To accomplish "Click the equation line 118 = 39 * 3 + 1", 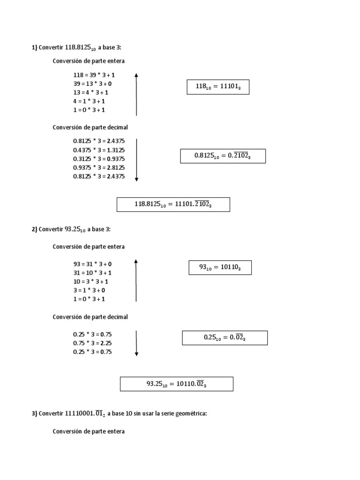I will (94, 75).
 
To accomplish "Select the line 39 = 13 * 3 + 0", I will (92, 84).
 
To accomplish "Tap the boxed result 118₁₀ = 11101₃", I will (218, 87).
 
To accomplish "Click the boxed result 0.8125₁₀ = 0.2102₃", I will (223, 156).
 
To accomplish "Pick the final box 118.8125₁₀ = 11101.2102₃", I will (173, 204).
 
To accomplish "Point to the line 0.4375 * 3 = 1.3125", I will (99, 150).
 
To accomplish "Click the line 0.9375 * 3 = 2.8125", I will (99, 168).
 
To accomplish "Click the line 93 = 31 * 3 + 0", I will (92, 264).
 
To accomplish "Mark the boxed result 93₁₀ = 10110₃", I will (220, 267).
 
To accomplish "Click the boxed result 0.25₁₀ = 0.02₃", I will (225, 337).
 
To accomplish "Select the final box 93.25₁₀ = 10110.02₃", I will (176, 384).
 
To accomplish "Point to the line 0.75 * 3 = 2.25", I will (92, 343).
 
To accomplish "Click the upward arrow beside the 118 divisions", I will (136, 94).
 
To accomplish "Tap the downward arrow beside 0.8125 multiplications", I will (136, 160).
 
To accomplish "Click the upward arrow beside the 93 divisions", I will (136, 280).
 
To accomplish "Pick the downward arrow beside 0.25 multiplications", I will (136, 343).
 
